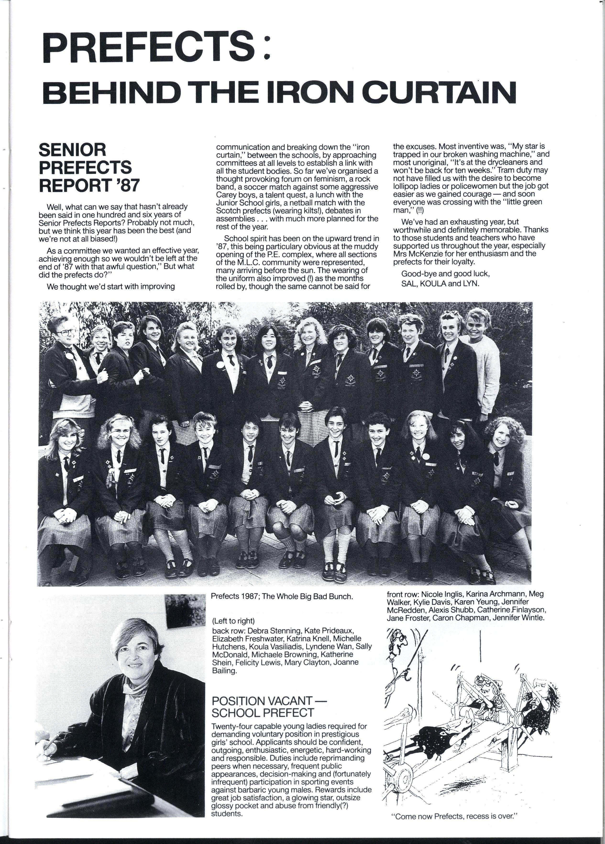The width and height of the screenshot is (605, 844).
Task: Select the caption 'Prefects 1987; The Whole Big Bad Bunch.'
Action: [281, 596]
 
